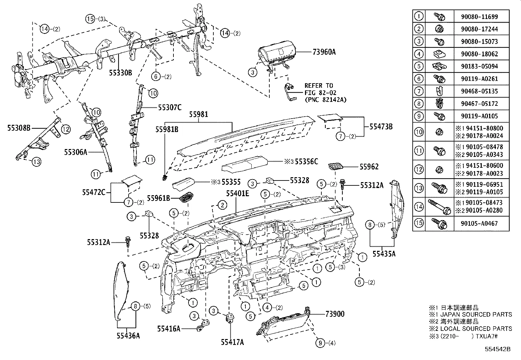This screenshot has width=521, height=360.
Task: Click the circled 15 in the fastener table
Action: [419, 223]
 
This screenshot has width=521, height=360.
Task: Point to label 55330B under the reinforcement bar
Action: [120, 73]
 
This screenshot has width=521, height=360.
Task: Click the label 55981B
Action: [167, 129]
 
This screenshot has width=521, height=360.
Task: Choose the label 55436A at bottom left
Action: [128, 336]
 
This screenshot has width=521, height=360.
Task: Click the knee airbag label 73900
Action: [335, 314]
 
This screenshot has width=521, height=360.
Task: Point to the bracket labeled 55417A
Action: [231, 318]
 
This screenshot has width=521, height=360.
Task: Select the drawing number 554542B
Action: [497, 349]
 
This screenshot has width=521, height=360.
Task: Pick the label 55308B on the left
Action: [19, 128]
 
